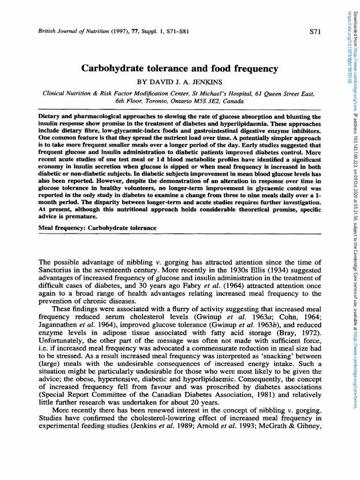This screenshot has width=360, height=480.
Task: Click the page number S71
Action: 315,31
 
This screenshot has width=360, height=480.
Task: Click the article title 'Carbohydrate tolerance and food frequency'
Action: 180,68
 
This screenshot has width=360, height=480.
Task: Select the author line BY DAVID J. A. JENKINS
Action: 180,82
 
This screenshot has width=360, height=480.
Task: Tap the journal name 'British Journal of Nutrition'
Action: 67,31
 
